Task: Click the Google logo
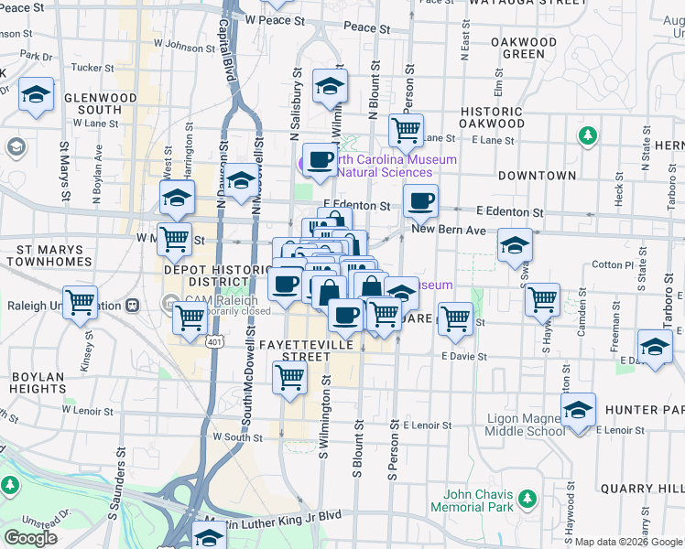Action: [x=30, y=537]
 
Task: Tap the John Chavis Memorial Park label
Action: [x=468, y=501]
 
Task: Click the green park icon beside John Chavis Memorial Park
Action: [x=527, y=499]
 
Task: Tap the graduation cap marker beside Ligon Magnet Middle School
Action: [x=578, y=411]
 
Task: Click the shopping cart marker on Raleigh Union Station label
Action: [x=81, y=301]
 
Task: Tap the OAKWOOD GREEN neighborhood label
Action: [x=524, y=48]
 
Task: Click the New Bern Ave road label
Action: [x=448, y=230]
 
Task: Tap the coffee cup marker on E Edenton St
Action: [x=420, y=199]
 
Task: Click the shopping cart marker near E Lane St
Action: [x=406, y=128]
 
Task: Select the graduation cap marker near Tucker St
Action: [x=36, y=95]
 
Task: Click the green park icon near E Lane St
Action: [x=588, y=136]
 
